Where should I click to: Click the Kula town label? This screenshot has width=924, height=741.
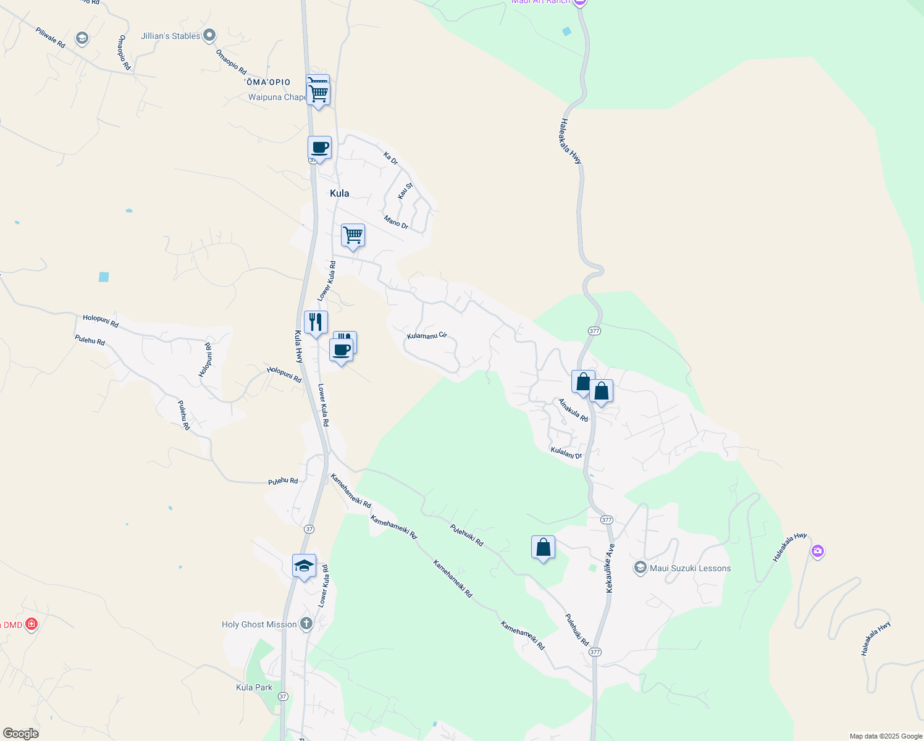click(x=339, y=193)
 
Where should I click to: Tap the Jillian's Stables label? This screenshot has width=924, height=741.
click(x=170, y=36)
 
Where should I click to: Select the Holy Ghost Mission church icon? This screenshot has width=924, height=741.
click(x=306, y=624)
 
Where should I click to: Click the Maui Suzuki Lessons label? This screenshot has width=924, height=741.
click(x=690, y=568)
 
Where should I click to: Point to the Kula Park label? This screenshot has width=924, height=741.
click(x=254, y=687)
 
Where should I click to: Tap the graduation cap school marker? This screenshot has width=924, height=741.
click(x=304, y=566)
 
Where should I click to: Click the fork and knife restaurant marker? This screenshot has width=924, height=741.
click(x=316, y=322)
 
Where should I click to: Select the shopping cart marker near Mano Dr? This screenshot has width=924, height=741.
click(x=353, y=235)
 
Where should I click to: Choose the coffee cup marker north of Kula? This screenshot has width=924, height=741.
click(x=319, y=148)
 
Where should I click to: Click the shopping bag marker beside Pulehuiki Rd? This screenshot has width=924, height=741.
click(x=543, y=547)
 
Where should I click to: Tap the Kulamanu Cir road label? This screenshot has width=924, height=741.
click(x=427, y=336)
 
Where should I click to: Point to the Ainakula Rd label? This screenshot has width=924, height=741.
click(x=573, y=410)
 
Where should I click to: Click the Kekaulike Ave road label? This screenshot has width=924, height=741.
click(x=610, y=568)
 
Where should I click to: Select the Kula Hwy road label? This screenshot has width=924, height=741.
click(x=298, y=346)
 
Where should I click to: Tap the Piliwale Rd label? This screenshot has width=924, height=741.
click(x=50, y=38)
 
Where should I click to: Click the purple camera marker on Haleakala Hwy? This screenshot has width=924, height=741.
click(x=818, y=551)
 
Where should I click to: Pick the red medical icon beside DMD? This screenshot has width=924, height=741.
click(x=31, y=624)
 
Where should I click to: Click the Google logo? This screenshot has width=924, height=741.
click(x=20, y=733)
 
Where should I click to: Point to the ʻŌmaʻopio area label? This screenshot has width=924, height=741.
click(x=267, y=82)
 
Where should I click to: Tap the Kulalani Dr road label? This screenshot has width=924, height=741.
click(x=566, y=453)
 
